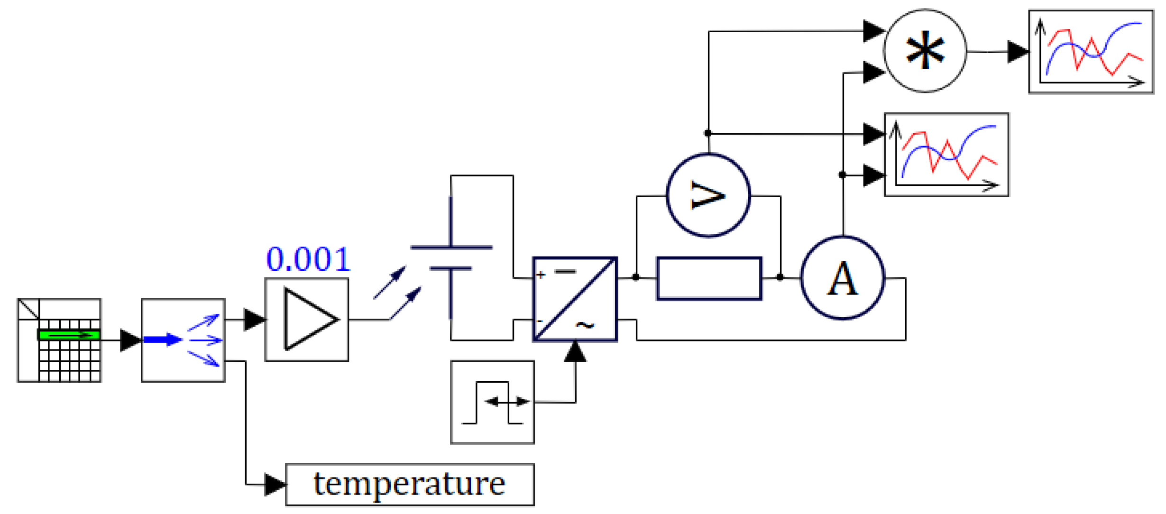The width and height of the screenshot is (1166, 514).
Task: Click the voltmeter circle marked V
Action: pyautogui.click(x=708, y=195)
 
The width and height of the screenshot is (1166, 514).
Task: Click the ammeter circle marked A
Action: pyautogui.click(x=843, y=278)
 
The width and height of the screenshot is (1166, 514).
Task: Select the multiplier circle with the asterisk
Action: pyautogui.click(x=925, y=51)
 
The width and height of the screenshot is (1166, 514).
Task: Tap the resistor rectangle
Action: pyautogui.click(x=709, y=278)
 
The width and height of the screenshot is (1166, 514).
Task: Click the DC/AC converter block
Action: pyautogui.click(x=575, y=299)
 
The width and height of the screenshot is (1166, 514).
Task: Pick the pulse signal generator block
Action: pyautogui.click(x=492, y=402)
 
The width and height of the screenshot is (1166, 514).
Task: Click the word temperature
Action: pyautogui.click(x=409, y=484)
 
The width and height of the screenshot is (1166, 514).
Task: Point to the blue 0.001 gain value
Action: pyautogui.click(x=308, y=259)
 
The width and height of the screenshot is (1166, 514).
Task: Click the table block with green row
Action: pyautogui.click(x=59, y=340)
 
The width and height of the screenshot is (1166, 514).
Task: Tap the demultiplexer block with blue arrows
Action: pyautogui.click(x=183, y=340)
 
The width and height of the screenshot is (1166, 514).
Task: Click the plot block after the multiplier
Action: pyautogui.click(x=1091, y=52)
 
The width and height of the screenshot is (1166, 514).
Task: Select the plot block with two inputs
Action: pyautogui.click(x=946, y=155)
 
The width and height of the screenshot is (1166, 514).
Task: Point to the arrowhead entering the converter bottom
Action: pyautogui.click(x=575, y=352)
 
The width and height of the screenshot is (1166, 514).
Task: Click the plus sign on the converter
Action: pyautogui.click(x=541, y=275)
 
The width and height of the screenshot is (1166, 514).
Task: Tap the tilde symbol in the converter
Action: pyautogui.click(x=585, y=325)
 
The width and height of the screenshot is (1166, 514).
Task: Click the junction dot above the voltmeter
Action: pyautogui.click(x=708, y=133)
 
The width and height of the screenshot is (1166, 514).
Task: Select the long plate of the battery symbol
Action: pyautogui.click(x=451, y=248)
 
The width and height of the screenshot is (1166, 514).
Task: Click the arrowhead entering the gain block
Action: pyautogui.click(x=254, y=319)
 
